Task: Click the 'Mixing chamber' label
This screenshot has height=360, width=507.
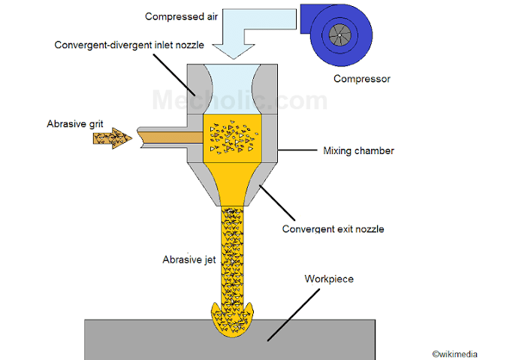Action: click(358, 151)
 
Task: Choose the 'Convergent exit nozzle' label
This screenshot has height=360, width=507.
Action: click(333, 228)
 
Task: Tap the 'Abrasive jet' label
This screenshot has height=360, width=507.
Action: click(189, 260)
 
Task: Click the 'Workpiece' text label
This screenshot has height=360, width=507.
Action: click(329, 279)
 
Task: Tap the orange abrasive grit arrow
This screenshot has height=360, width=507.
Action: click(116, 137)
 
